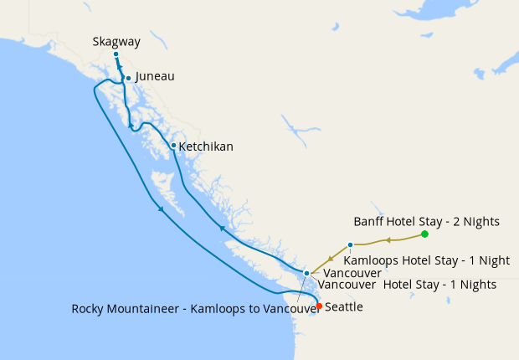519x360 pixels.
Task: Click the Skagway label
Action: pyautogui.click(x=116, y=41)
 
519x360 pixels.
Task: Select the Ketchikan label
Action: pyautogui.click(x=206, y=147)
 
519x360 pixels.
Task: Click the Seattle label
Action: pyautogui.click(x=343, y=307)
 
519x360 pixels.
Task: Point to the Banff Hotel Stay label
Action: pyautogui.click(x=426, y=222)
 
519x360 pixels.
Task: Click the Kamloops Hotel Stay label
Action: pyautogui.click(x=426, y=260)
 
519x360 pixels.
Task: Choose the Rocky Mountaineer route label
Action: pyautogui.click(x=196, y=308)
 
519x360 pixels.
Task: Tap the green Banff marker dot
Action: pyautogui.click(x=425, y=234)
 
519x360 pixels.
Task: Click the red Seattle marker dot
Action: pyautogui.click(x=318, y=306)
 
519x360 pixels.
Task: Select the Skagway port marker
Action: pyautogui.click(x=116, y=54)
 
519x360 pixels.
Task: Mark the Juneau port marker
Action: pyautogui.click(x=128, y=78)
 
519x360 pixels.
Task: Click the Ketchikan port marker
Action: pyautogui.click(x=173, y=146)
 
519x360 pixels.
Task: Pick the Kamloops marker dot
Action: pyautogui.click(x=350, y=245)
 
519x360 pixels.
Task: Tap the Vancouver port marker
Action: pyautogui.click(x=307, y=273)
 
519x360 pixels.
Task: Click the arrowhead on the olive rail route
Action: pyautogui.click(x=388, y=240)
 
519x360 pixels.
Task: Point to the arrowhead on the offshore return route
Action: pyautogui.click(x=159, y=209)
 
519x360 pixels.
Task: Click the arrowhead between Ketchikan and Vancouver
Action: pyautogui.click(x=222, y=227)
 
